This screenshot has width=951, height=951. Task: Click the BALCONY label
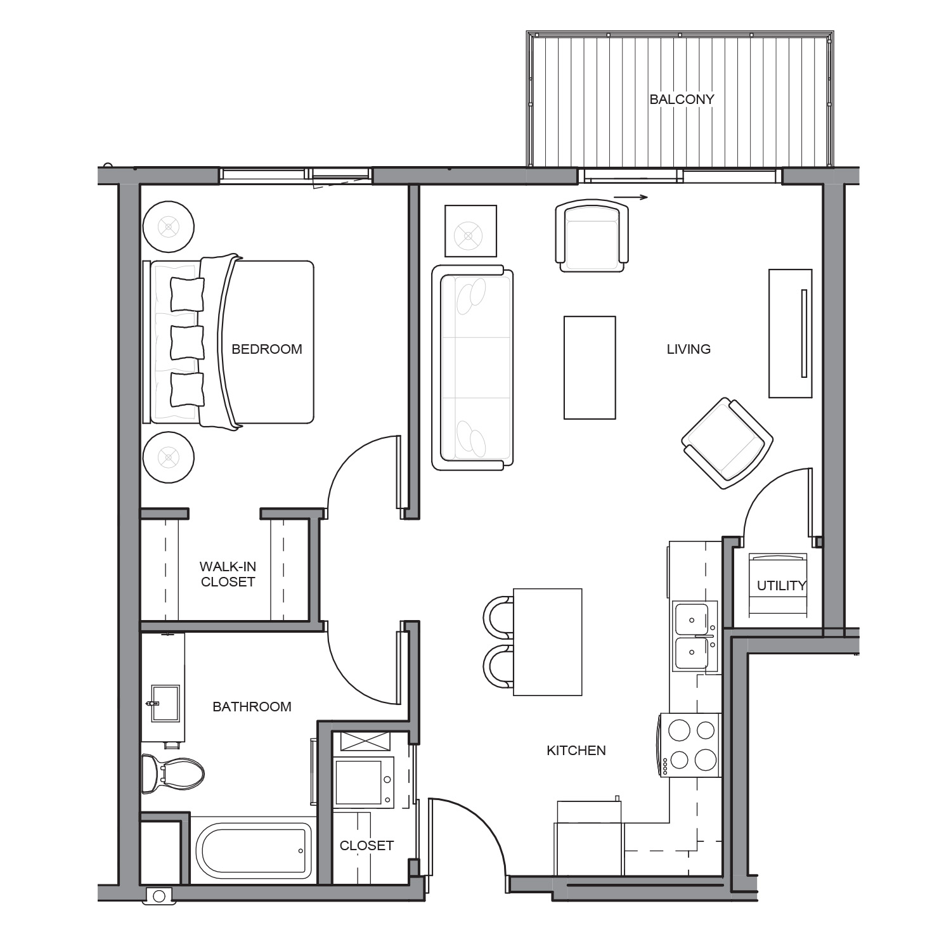(682, 99)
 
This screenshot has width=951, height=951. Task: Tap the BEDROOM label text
(267, 349)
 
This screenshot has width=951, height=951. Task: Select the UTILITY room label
(781, 586)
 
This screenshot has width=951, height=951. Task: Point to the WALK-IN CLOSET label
(228, 574)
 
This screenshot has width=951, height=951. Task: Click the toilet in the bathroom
(172, 773)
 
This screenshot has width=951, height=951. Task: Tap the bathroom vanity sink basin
(166, 703)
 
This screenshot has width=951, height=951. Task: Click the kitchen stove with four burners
(690, 745)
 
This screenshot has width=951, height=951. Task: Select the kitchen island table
(548, 642)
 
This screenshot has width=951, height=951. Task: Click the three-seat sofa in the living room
(472, 368)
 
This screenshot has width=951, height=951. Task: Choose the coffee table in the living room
(590, 368)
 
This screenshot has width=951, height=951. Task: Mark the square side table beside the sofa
(470, 231)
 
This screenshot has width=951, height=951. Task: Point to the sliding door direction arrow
(631, 197)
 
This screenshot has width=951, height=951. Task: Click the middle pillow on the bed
(187, 342)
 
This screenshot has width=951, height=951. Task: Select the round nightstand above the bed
(168, 226)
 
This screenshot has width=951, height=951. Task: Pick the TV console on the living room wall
(791, 333)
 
